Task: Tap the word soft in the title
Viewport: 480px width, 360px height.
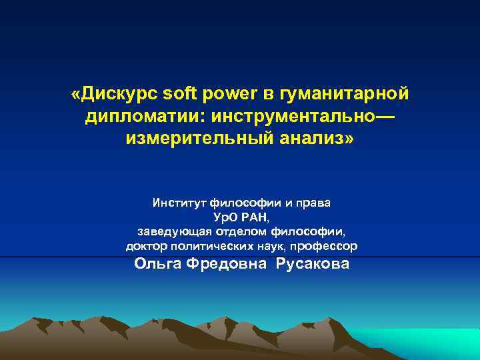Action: [181, 95]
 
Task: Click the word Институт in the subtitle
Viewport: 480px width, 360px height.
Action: [179, 202]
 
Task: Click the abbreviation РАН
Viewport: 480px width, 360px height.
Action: [255, 217]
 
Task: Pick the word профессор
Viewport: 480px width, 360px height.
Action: [325, 246]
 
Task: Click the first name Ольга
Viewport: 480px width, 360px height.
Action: [158, 263]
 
